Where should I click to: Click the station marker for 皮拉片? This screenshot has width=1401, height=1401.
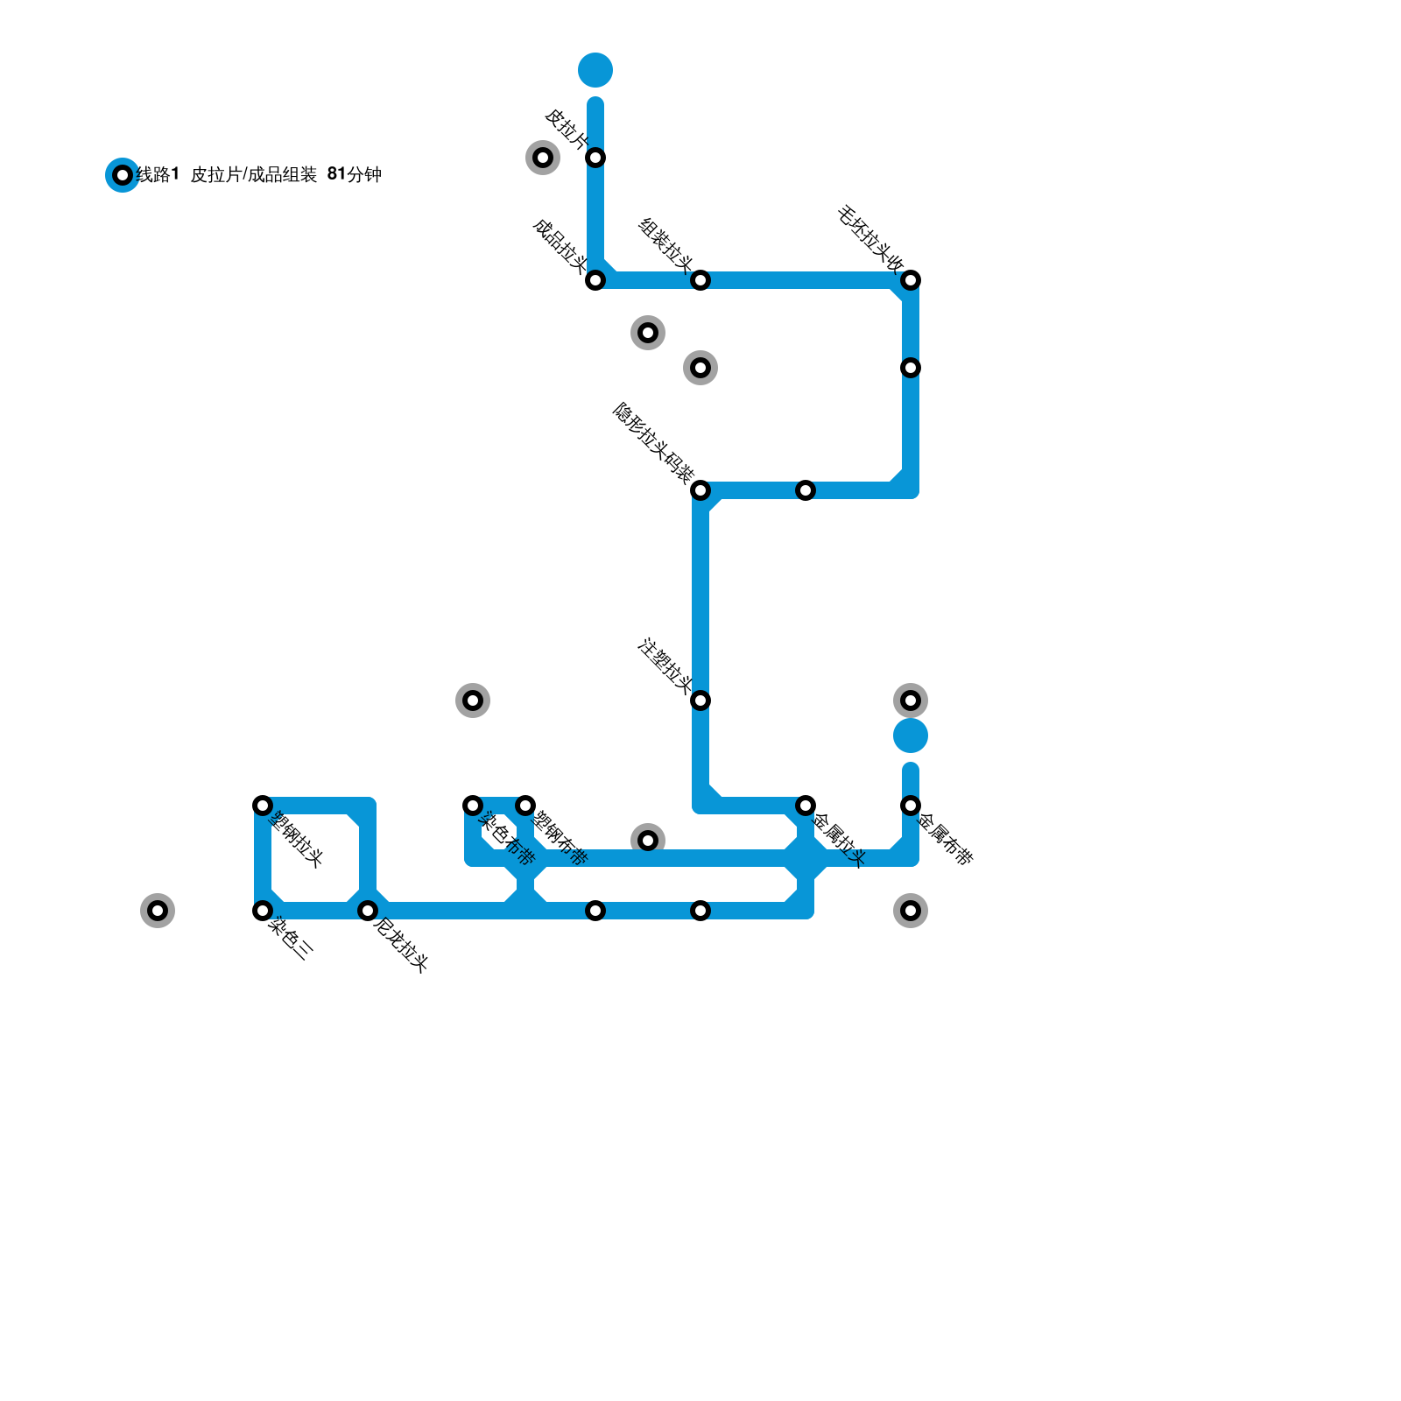595,158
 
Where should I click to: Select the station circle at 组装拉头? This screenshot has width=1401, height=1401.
700,280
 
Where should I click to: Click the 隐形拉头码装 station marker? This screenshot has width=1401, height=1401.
700,490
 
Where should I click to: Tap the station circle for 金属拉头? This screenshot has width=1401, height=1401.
806,806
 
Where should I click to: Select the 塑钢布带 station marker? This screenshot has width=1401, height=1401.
525,806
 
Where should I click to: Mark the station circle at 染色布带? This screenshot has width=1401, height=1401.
473,806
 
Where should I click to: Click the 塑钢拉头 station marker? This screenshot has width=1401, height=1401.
263,806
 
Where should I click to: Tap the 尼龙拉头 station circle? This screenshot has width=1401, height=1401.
368,911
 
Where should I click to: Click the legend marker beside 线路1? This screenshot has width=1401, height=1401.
123,175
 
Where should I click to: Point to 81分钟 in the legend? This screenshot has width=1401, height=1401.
354,175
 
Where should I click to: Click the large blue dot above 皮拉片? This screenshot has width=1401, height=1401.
595,70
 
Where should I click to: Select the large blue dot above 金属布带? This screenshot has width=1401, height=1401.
911,736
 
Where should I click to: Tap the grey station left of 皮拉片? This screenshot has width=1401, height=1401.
543,158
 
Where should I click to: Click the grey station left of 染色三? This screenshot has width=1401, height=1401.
158,911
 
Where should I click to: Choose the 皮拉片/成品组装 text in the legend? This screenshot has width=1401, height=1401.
253,175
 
